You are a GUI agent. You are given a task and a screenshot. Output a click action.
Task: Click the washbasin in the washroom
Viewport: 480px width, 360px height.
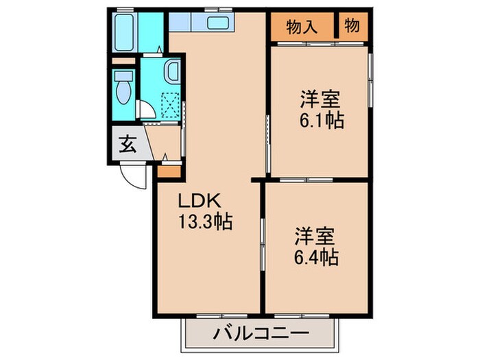tap(172, 70)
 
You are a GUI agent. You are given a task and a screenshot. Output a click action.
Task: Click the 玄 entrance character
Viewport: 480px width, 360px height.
tap(128, 145)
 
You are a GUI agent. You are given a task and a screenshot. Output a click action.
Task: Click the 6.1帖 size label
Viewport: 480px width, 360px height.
tap(321, 121)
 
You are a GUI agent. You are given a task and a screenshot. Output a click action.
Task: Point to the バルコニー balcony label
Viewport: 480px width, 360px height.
tap(260, 335)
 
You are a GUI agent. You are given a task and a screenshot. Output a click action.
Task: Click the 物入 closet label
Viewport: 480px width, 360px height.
tap(302, 27)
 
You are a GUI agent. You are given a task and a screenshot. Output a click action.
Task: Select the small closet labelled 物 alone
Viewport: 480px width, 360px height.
tap(352, 27)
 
